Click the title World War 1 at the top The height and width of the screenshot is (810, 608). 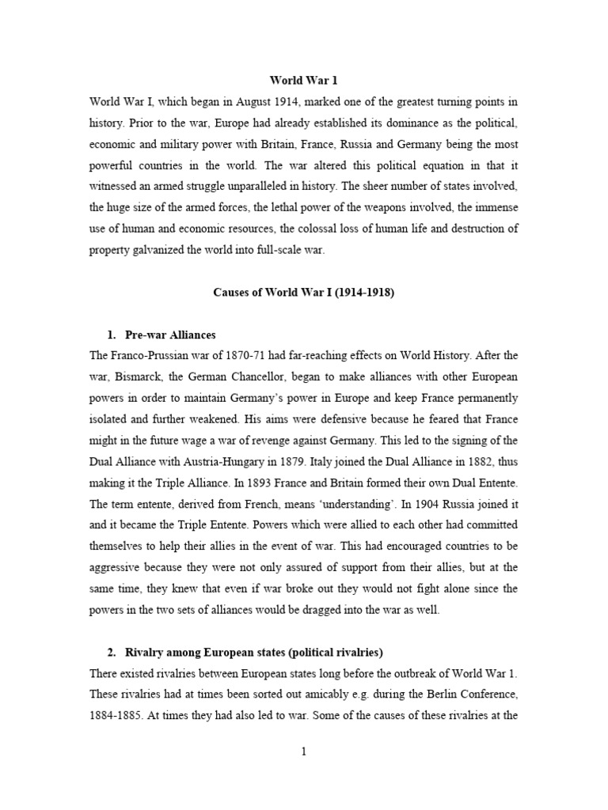point(303,80)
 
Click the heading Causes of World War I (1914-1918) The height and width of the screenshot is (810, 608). point(303,292)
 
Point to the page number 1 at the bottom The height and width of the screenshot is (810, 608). point(303,752)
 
